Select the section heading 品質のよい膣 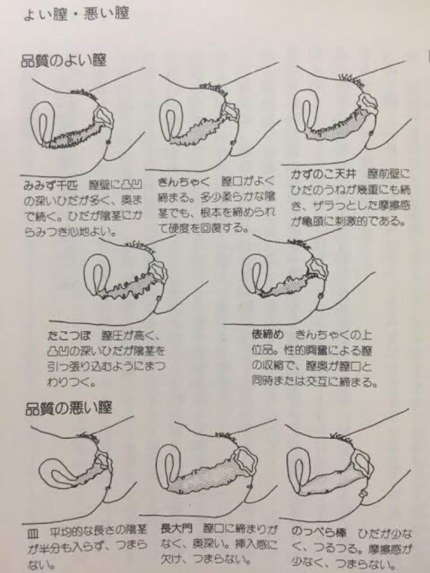click(x=64, y=61)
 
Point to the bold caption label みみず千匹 click(x=51, y=186)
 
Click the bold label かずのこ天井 click(x=324, y=174)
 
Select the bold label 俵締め click(x=268, y=336)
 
